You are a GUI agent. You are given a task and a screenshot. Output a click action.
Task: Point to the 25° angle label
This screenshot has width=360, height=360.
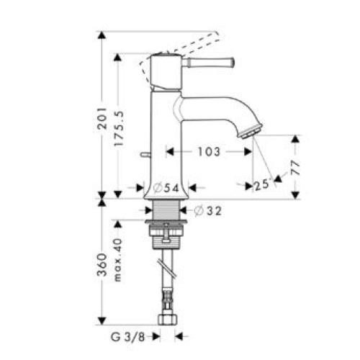(261, 185)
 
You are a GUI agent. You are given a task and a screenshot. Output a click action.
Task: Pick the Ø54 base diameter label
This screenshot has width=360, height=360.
(165, 188)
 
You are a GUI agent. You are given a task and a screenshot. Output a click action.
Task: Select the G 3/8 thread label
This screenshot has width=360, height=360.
(136, 335)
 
